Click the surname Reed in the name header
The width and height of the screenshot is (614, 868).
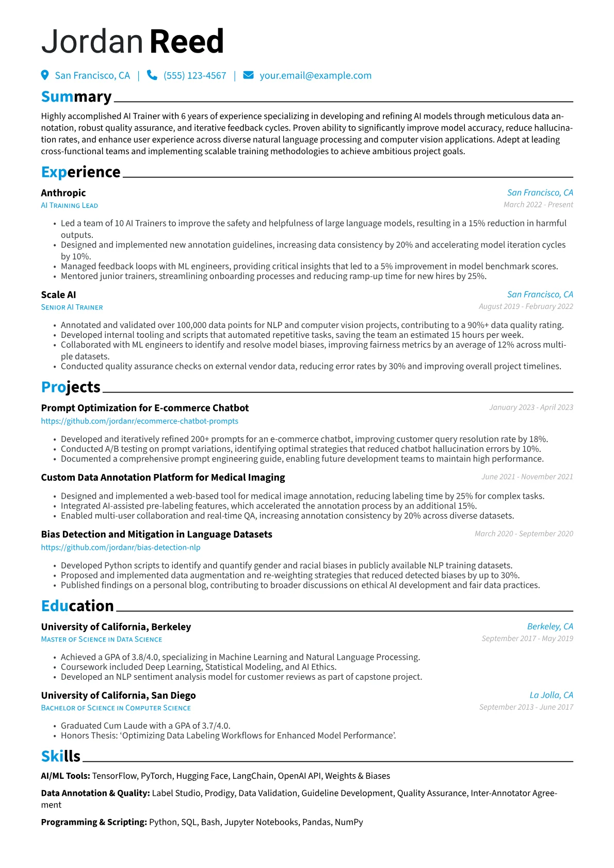tap(187, 42)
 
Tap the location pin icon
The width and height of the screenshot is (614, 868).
tap(45, 75)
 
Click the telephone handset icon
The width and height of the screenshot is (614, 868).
tap(152, 75)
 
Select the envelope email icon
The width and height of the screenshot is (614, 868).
tap(248, 75)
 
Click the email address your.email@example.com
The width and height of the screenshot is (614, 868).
tap(315, 76)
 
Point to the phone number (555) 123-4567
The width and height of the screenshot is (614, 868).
tap(195, 76)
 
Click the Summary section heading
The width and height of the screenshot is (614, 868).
tap(76, 97)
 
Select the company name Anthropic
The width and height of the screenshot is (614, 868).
tap(63, 193)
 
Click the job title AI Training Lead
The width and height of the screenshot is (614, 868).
tap(70, 206)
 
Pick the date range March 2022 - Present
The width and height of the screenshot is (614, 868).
tap(538, 205)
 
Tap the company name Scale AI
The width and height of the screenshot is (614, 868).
tap(58, 295)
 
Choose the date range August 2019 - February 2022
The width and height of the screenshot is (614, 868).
tap(526, 306)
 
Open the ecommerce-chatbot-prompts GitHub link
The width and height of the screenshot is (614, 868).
tap(140, 421)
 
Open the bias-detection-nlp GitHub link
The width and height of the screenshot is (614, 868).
tap(121, 548)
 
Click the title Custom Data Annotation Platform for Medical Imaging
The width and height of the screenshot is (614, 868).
tap(163, 478)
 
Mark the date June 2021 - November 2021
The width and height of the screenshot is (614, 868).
tap(527, 477)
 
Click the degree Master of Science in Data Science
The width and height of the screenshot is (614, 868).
tap(102, 640)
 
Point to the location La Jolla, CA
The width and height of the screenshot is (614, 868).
tap(551, 695)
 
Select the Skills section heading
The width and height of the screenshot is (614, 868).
tap(61, 757)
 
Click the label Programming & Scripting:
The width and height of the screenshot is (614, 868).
tap(94, 822)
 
